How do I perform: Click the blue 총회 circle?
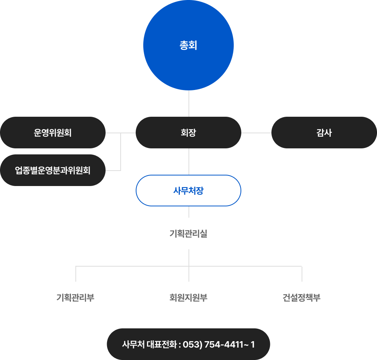click(188, 45)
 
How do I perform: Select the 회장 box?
click(188, 133)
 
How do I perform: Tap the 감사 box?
click(324, 133)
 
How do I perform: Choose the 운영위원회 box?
click(53, 133)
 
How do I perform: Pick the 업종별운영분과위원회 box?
click(53, 170)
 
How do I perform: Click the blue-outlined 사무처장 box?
click(188, 191)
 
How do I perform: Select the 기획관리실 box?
click(188, 233)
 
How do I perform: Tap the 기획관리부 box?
click(75, 297)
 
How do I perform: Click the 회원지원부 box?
click(188, 297)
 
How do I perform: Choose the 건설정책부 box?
click(302, 297)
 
